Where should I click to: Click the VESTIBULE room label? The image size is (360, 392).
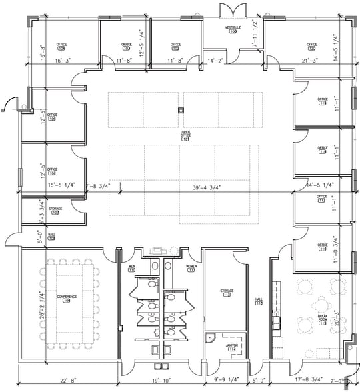[233, 27]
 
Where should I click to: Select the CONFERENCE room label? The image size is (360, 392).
[66, 297]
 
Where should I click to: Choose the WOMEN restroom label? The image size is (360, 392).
[191, 267]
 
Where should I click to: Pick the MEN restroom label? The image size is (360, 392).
[132, 267]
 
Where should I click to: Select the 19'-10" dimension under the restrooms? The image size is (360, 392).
[158, 380]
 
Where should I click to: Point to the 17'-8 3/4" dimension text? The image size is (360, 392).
[310, 380]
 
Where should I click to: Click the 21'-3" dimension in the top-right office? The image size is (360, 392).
[309, 61]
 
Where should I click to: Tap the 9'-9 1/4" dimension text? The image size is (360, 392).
[226, 380]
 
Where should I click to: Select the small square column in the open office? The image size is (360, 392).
[180, 110]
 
